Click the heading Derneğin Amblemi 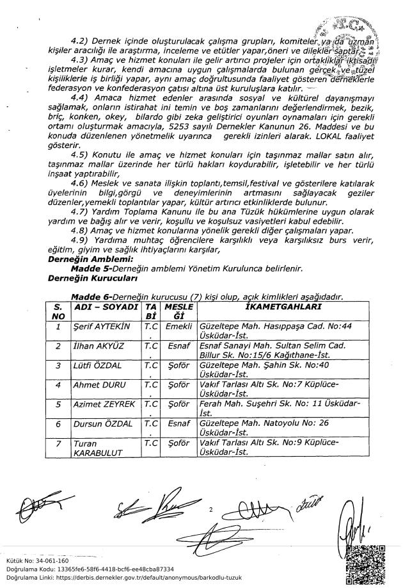tap(90, 259)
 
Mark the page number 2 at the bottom tap(209, 510)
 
